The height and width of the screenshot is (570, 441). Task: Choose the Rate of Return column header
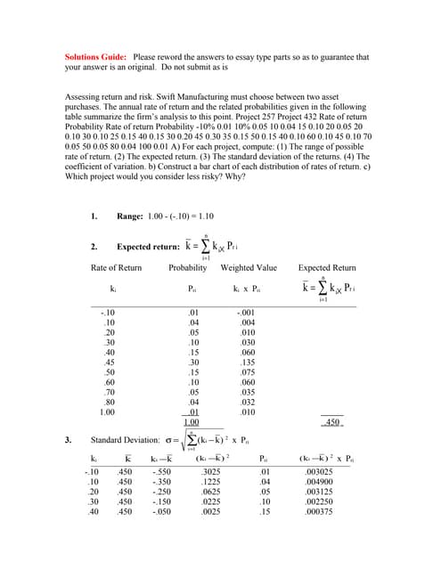(116, 267)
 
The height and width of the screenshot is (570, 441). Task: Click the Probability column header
(187, 267)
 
